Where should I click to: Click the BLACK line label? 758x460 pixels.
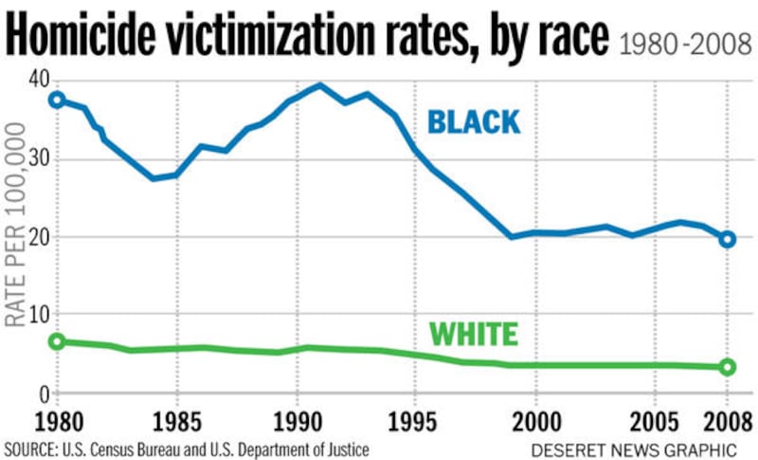point(473,122)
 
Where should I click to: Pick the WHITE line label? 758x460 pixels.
point(473,335)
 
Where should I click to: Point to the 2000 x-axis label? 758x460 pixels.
point(536,419)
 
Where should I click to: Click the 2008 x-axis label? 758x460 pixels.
point(727,419)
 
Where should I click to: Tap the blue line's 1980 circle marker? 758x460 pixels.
point(57,100)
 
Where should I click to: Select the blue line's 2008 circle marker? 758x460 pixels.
point(728,239)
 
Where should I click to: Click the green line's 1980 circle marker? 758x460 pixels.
point(57,341)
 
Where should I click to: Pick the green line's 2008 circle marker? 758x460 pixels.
point(728,367)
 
